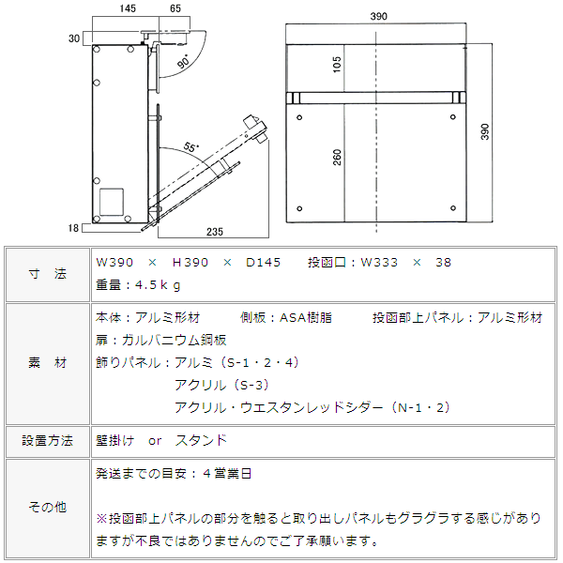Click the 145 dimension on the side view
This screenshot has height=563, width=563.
128,8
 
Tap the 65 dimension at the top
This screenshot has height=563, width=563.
175,8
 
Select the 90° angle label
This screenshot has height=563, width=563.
184,61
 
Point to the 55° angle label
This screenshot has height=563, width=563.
191,147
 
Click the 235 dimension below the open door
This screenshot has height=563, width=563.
215,232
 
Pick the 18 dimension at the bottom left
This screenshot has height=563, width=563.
73,228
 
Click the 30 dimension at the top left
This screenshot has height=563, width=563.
74,38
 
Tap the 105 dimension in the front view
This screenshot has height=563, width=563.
337,65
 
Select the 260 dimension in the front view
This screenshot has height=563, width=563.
337,158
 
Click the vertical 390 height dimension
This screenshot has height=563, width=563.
485,131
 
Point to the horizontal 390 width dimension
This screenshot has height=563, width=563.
379,16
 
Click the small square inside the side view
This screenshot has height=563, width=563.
112,202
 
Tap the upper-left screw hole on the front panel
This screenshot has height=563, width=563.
299,117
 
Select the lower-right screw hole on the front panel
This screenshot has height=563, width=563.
453,208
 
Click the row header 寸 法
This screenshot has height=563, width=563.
48,274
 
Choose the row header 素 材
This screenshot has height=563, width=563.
48,363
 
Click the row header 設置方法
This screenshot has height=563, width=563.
48,441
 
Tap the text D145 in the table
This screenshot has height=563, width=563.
263,263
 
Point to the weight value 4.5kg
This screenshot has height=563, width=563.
158,285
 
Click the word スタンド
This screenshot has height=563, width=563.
201,440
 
